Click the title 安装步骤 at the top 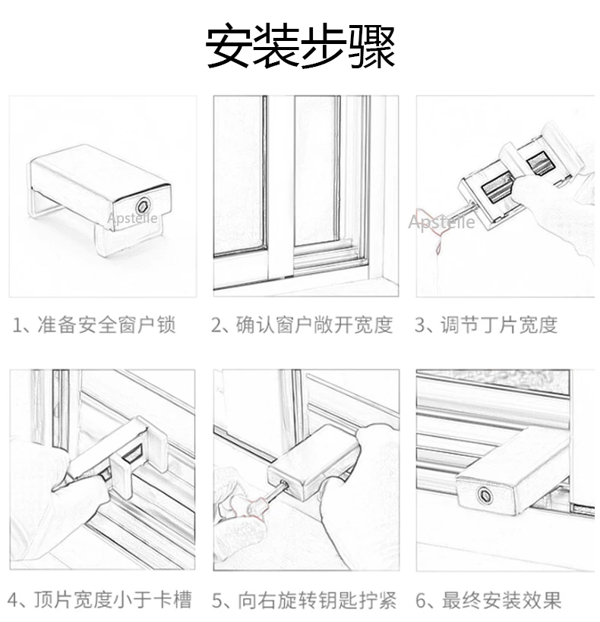point(301,48)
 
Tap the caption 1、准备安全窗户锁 point(94,325)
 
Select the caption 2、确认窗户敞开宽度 point(302,325)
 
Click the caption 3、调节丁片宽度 point(486,325)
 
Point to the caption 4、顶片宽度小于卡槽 point(102,600)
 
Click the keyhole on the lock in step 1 point(141,206)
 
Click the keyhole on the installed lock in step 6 point(483,497)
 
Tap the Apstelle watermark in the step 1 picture point(132,219)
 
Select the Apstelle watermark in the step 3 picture point(441,222)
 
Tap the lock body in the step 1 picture point(99,178)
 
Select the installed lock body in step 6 point(516,470)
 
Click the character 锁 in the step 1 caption point(166,325)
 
